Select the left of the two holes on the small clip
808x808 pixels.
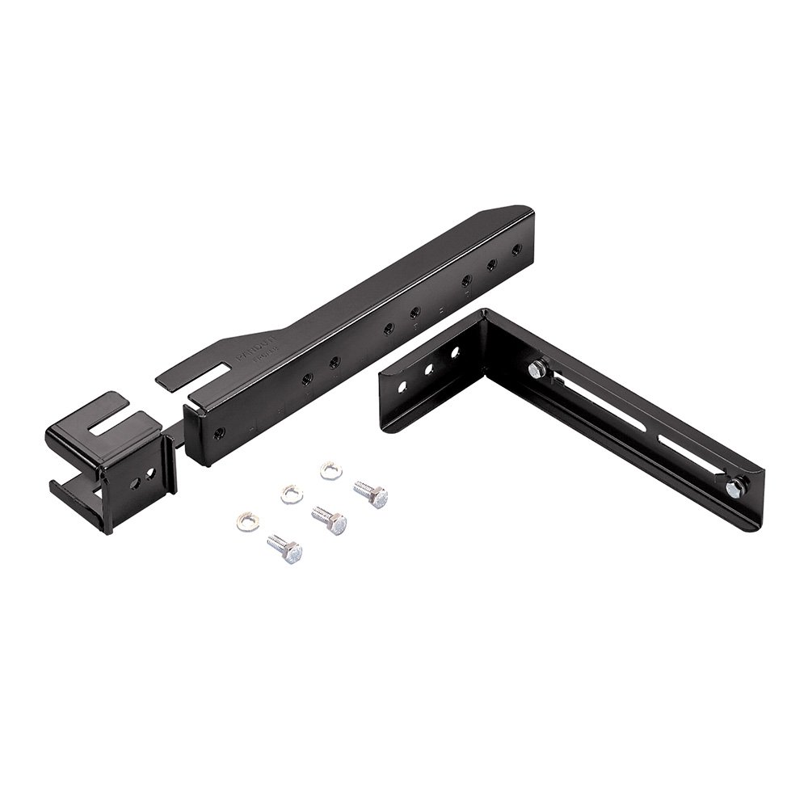(x=137, y=478)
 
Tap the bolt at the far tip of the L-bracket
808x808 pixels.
(x=736, y=486)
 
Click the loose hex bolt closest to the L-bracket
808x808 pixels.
(x=372, y=491)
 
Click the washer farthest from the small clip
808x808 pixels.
(x=329, y=469)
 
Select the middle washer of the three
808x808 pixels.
(x=290, y=493)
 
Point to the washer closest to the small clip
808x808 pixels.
(x=244, y=517)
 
